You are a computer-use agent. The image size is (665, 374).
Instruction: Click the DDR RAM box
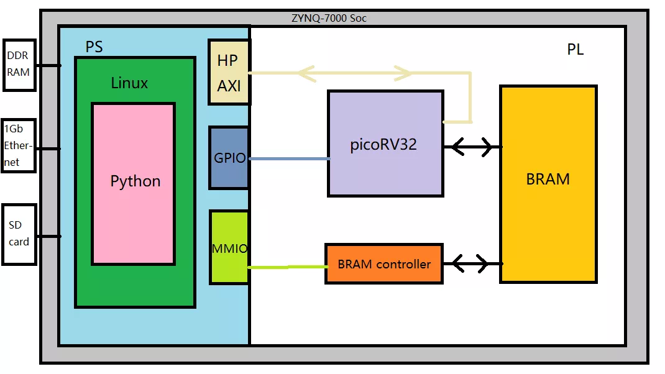[19, 64]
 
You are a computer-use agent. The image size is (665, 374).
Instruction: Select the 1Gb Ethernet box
[18, 145]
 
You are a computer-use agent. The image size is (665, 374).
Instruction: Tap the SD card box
[19, 234]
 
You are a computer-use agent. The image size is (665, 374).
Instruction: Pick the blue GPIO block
[229, 158]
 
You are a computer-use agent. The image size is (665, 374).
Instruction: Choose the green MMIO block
[229, 247]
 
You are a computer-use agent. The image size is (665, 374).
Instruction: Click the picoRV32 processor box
[385, 144]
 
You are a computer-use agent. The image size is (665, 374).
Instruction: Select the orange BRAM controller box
[384, 264]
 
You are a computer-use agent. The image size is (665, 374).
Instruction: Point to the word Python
[135, 181]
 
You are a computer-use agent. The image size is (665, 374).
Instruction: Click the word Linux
[129, 83]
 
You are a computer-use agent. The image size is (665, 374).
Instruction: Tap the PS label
[94, 47]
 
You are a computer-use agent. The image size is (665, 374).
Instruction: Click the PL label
[576, 50]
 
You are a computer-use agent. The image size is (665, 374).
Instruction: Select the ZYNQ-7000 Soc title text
[329, 18]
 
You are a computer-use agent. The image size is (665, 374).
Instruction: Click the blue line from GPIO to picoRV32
[289, 159]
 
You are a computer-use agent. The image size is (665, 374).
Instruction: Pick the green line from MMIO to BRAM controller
[287, 267]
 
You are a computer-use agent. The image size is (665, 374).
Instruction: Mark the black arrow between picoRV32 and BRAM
[472, 147]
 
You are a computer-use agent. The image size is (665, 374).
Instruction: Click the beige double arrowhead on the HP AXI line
[354, 73]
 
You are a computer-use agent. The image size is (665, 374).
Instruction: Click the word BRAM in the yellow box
[548, 179]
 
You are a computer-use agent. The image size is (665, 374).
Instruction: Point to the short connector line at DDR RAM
[48, 65]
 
